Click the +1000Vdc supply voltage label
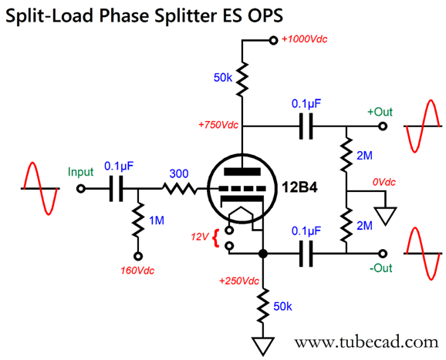(x=304, y=39)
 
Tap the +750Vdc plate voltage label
(x=218, y=125)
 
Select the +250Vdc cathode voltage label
(x=239, y=281)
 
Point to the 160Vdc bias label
(x=137, y=271)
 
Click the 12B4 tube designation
(x=299, y=187)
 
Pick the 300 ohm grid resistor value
(x=179, y=173)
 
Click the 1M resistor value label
(x=157, y=220)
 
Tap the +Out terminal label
(x=380, y=112)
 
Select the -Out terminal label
(x=381, y=267)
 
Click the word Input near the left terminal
(x=80, y=172)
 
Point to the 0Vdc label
(x=384, y=182)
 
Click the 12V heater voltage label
(x=200, y=237)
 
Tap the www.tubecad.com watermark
(x=367, y=342)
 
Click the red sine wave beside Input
(x=41, y=188)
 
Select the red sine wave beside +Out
(x=423, y=126)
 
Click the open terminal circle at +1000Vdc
(x=273, y=40)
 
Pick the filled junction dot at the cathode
(x=263, y=254)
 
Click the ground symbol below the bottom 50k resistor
(x=263, y=346)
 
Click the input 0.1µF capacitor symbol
(x=117, y=188)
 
